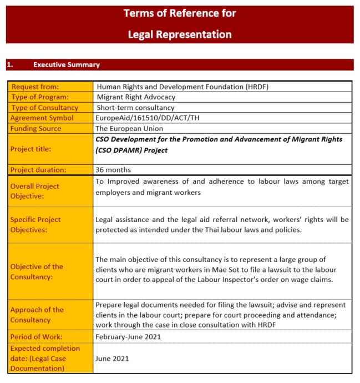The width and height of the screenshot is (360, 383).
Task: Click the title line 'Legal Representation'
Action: (x=180, y=34)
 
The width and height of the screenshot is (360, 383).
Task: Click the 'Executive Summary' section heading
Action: (x=67, y=65)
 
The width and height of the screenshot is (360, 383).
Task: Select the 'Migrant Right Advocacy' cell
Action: (x=135, y=97)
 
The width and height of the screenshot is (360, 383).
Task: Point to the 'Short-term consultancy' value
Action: (x=135, y=108)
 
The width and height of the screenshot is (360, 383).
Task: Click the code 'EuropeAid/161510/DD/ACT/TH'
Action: (x=148, y=118)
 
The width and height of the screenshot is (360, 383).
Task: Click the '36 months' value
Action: (x=114, y=170)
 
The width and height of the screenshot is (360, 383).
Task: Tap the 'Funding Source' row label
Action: (x=36, y=128)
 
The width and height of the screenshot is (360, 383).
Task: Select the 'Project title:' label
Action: (x=31, y=149)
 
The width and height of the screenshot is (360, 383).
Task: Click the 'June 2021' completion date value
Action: (x=113, y=358)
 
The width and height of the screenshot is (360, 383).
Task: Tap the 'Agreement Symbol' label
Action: (x=42, y=118)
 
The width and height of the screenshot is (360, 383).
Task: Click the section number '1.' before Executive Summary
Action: (x=10, y=65)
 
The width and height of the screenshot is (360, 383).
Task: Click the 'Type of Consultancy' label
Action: (x=45, y=108)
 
